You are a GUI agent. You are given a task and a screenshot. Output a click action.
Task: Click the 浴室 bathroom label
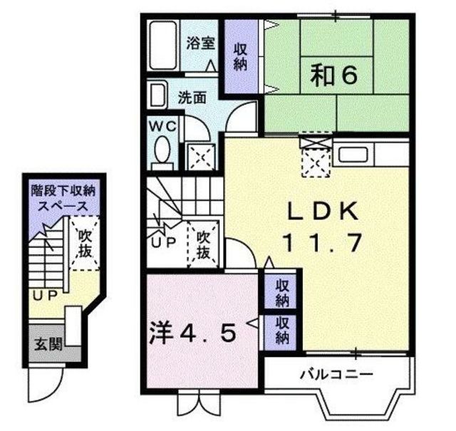pos(200,43)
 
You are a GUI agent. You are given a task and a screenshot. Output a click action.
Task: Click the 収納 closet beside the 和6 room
pos(240,56)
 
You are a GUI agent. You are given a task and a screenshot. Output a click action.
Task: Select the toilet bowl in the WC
pos(161,151)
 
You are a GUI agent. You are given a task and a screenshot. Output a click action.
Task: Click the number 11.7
pos(320,243)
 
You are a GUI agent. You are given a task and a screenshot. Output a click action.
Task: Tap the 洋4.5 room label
pos(192,332)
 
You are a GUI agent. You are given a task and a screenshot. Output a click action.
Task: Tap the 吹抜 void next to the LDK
pos(204,244)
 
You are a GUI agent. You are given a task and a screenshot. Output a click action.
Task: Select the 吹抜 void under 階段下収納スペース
pos(84,243)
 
